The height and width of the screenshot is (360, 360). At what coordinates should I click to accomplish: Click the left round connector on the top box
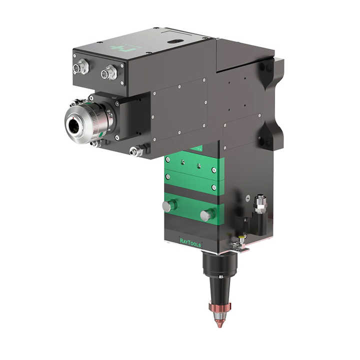(80, 67)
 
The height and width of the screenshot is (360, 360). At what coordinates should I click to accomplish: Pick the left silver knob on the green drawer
(169, 205)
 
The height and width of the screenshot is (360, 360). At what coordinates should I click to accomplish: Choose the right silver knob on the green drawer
(206, 215)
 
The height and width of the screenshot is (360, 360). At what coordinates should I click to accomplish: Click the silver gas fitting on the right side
(259, 204)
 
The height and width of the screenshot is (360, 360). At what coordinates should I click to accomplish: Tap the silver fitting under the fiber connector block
(136, 150)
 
